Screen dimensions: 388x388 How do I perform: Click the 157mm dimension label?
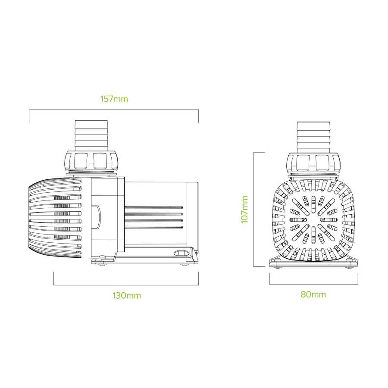114,99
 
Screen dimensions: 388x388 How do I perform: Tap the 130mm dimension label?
127,295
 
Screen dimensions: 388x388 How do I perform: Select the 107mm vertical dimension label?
244,210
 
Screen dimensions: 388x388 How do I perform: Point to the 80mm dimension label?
313,294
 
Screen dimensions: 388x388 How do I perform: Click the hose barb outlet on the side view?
91,136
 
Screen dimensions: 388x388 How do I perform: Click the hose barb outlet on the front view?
313,137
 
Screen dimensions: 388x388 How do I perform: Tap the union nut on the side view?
91,160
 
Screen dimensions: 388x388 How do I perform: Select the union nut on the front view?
313,162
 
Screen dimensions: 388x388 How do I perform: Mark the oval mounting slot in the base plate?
181,253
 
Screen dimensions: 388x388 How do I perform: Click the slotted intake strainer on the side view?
55,218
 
